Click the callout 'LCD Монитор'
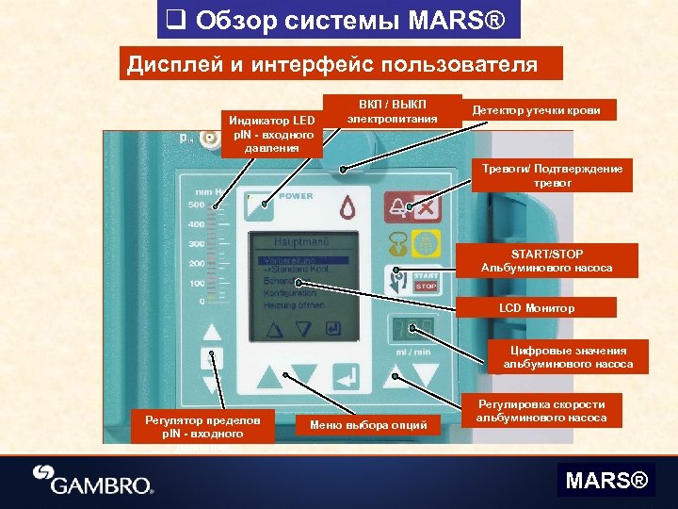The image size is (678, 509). tap(537, 308)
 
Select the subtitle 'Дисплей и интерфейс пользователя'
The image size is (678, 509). tap(332, 65)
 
